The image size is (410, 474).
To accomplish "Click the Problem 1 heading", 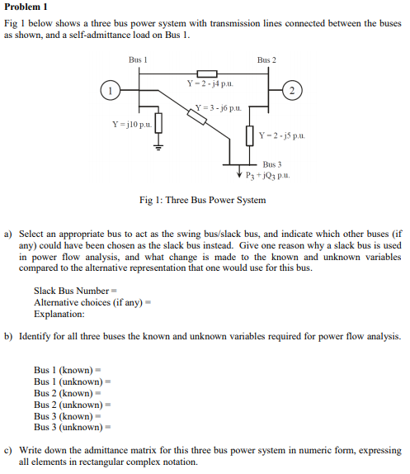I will (x=27, y=7).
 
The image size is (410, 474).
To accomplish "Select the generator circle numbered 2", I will (x=293, y=90).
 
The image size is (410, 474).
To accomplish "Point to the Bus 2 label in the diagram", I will (x=266, y=60).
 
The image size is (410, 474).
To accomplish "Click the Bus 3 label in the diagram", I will (x=272, y=164).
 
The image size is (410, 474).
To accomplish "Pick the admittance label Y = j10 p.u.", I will (x=131, y=124).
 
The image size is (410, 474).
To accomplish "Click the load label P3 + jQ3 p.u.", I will (x=268, y=176).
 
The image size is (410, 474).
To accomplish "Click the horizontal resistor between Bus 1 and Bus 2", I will (x=205, y=74).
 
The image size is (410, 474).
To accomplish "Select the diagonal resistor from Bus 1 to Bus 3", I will (x=196, y=116).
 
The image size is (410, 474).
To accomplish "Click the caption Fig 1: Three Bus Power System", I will (x=202, y=201).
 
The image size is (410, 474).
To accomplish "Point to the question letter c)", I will (x=10, y=451).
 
